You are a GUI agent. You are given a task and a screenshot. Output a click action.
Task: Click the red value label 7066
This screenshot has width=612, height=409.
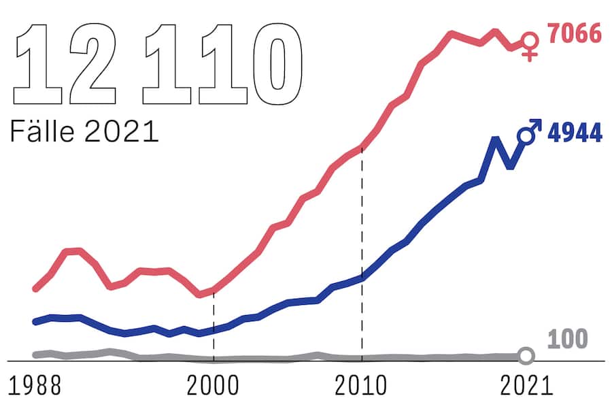coord(575,33)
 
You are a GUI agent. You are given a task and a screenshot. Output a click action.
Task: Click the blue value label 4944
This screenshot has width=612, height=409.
coord(575,133)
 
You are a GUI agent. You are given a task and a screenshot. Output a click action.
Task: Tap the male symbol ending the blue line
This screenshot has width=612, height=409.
coord(529,131)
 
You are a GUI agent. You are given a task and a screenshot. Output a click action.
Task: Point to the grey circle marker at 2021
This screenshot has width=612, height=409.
coord(526,355)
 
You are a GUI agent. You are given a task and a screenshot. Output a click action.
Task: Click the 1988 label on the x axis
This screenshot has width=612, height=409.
coord(36,385)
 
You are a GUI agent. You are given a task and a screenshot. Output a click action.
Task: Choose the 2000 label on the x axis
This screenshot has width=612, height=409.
coord(214,385)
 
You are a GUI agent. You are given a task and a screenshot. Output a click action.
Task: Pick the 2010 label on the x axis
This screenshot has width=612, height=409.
coord(361,385)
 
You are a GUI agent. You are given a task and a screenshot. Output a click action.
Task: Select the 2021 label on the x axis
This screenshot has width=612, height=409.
coord(526,385)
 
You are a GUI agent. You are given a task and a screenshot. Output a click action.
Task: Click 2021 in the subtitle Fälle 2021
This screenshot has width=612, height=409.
coord(122,131)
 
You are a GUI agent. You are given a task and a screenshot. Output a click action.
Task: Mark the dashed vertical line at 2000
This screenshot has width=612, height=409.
coord(214,327)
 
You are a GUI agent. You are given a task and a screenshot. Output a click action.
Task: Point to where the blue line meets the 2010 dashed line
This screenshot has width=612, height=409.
coord(362,278)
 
